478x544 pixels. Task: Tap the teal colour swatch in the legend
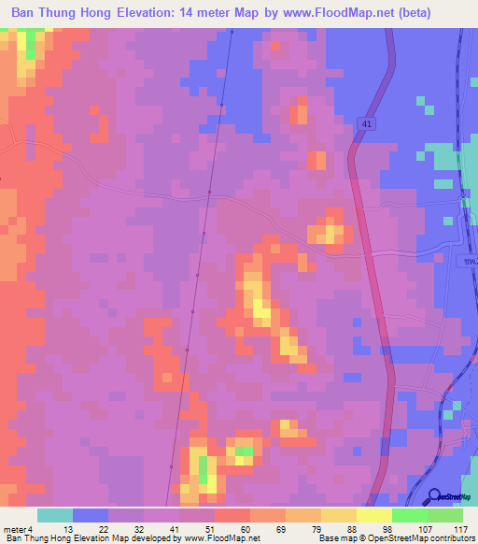(55, 515)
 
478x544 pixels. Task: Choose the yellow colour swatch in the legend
(373, 515)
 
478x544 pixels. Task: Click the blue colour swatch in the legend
(91, 515)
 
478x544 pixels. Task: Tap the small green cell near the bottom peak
(243, 451)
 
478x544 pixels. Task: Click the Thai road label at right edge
(470, 261)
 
